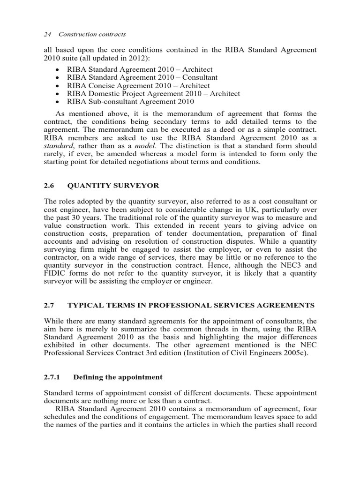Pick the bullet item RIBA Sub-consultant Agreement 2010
point(131,102)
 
